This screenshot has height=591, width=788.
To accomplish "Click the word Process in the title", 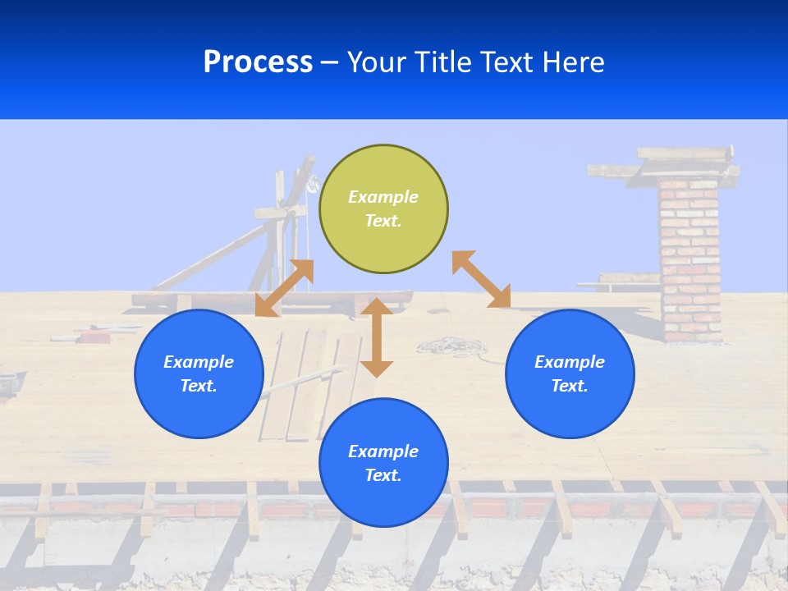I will (258, 62).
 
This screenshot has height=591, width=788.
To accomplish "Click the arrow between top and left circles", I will (285, 288).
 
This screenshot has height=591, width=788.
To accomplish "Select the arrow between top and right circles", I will (481, 279).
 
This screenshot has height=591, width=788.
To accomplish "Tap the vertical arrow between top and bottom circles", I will (377, 337).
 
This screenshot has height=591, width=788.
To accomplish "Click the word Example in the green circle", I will (383, 197).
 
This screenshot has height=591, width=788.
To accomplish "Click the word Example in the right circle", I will (570, 362).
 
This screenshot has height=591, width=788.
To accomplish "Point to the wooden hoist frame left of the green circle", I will (283, 222).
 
